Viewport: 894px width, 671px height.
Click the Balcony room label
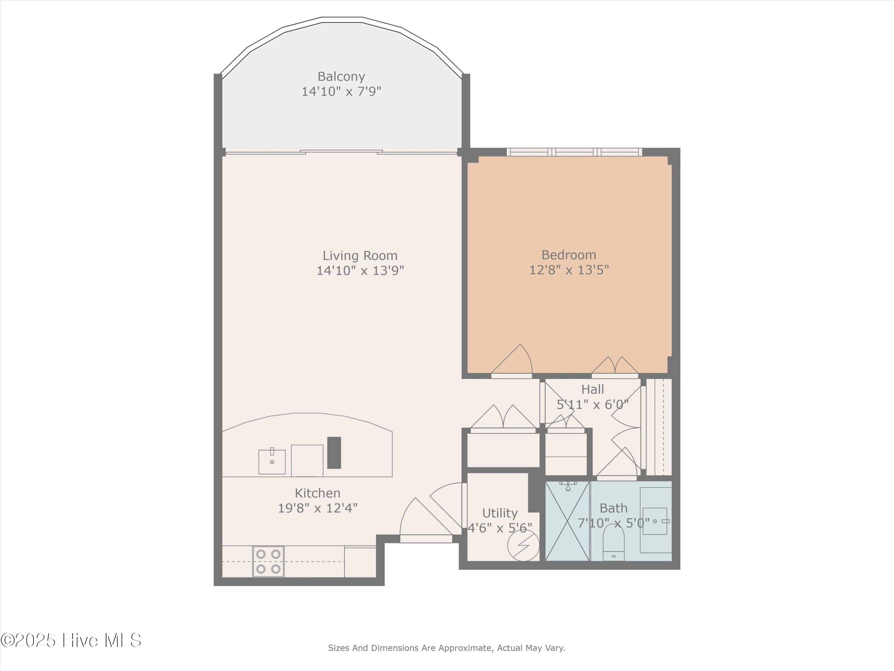click(341, 76)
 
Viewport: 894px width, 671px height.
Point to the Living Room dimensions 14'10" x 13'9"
click(360, 270)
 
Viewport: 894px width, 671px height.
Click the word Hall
click(592, 389)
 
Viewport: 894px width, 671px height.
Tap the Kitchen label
click(317, 493)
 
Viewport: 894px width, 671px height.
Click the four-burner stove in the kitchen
click(268, 561)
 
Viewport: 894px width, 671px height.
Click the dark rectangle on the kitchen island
click(334, 453)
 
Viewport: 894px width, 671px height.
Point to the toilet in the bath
click(614, 544)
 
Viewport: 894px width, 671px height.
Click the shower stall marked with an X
click(567, 521)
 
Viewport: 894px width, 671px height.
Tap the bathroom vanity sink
click(655, 521)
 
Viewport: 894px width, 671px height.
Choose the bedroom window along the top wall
click(574, 152)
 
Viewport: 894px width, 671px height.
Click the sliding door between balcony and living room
click(341, 152)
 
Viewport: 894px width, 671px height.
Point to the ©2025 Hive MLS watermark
click(71, 640)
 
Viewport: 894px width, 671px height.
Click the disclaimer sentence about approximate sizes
click(446, 648)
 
